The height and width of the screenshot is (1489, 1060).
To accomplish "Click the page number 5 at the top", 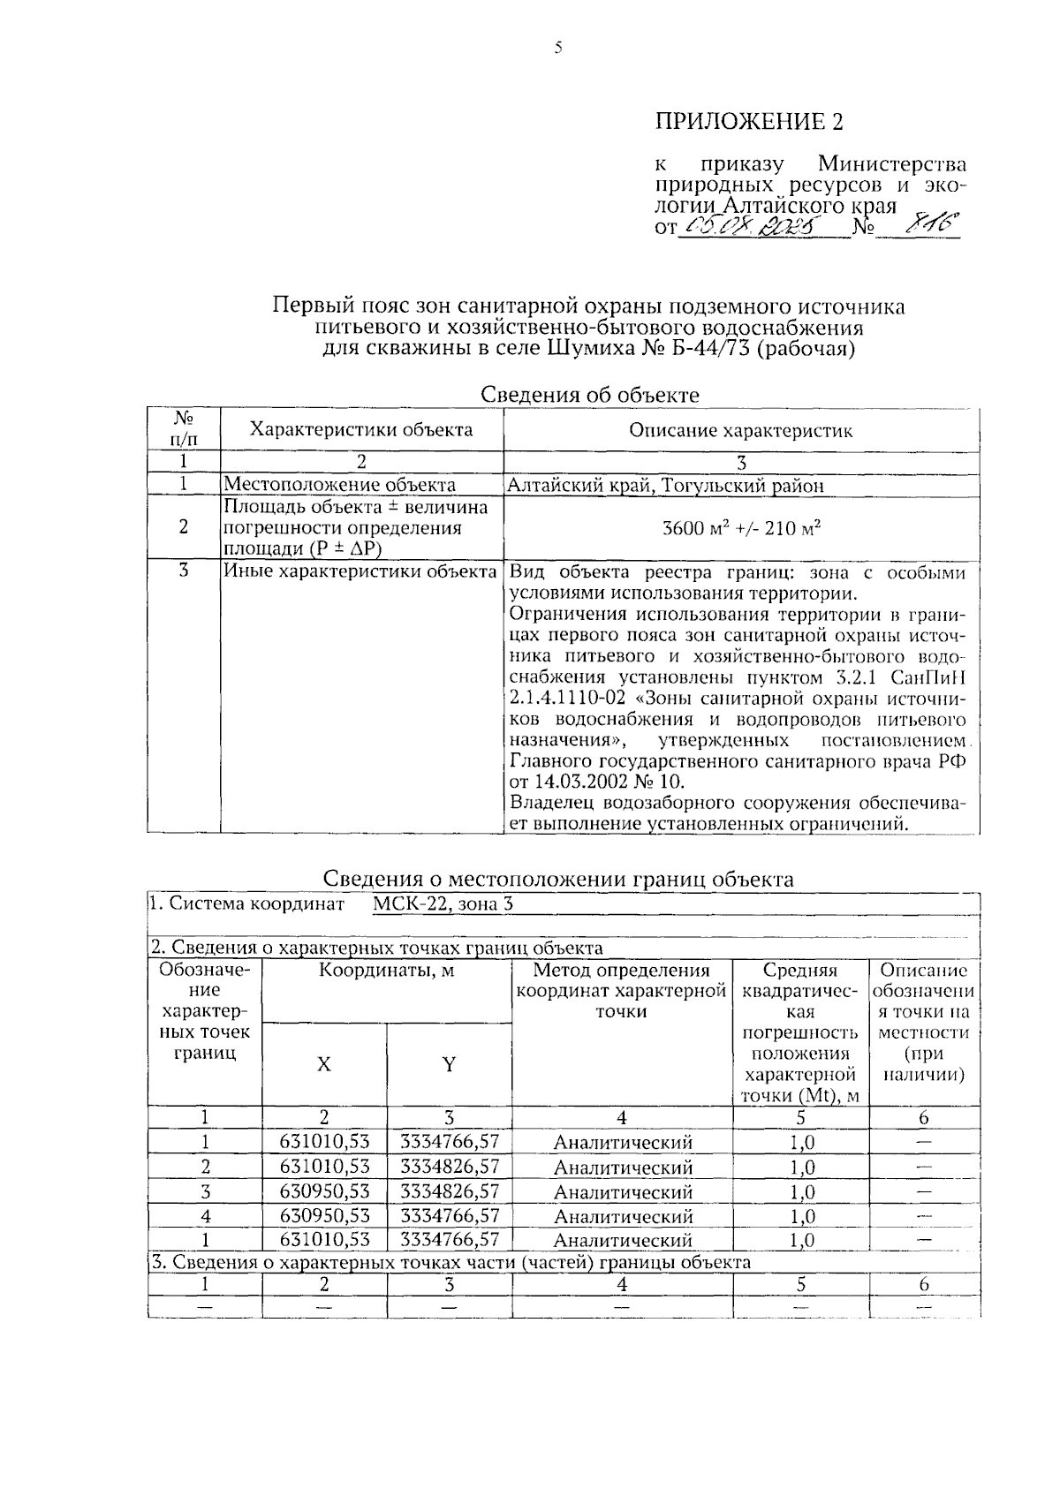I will click(x=557, y=49).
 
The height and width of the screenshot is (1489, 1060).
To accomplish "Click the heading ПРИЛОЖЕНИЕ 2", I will click(x=748, y=121).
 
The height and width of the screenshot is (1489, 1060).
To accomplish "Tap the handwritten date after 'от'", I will click(x=749, y=229).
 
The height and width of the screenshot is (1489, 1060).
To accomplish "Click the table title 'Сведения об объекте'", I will click(x=589, y=395).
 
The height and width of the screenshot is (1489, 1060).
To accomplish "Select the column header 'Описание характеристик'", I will click(x=740, y=431).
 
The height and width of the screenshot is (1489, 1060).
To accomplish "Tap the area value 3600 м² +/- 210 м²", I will click(x=741, y=528).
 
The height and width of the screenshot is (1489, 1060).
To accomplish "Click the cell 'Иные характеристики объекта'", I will click(x=360, y=571).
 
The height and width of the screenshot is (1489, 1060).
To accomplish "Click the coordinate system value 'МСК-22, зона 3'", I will click(x=442, y=903).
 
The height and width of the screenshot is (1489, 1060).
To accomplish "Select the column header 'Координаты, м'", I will click(x=386, y=971).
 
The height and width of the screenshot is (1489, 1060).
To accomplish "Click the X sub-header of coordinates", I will click(x=324, y=1065).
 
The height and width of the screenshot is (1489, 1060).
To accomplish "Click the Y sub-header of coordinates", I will click(x=449, y=1065).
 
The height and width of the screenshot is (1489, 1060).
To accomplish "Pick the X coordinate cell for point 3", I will click(x=324, y=1191).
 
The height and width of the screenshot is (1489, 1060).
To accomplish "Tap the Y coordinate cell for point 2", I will click(x=449, y=1167).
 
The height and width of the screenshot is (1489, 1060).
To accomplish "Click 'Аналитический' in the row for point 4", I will click(x=623, y=1216).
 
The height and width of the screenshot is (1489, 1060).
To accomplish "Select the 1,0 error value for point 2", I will click(x=800, y=1167).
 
